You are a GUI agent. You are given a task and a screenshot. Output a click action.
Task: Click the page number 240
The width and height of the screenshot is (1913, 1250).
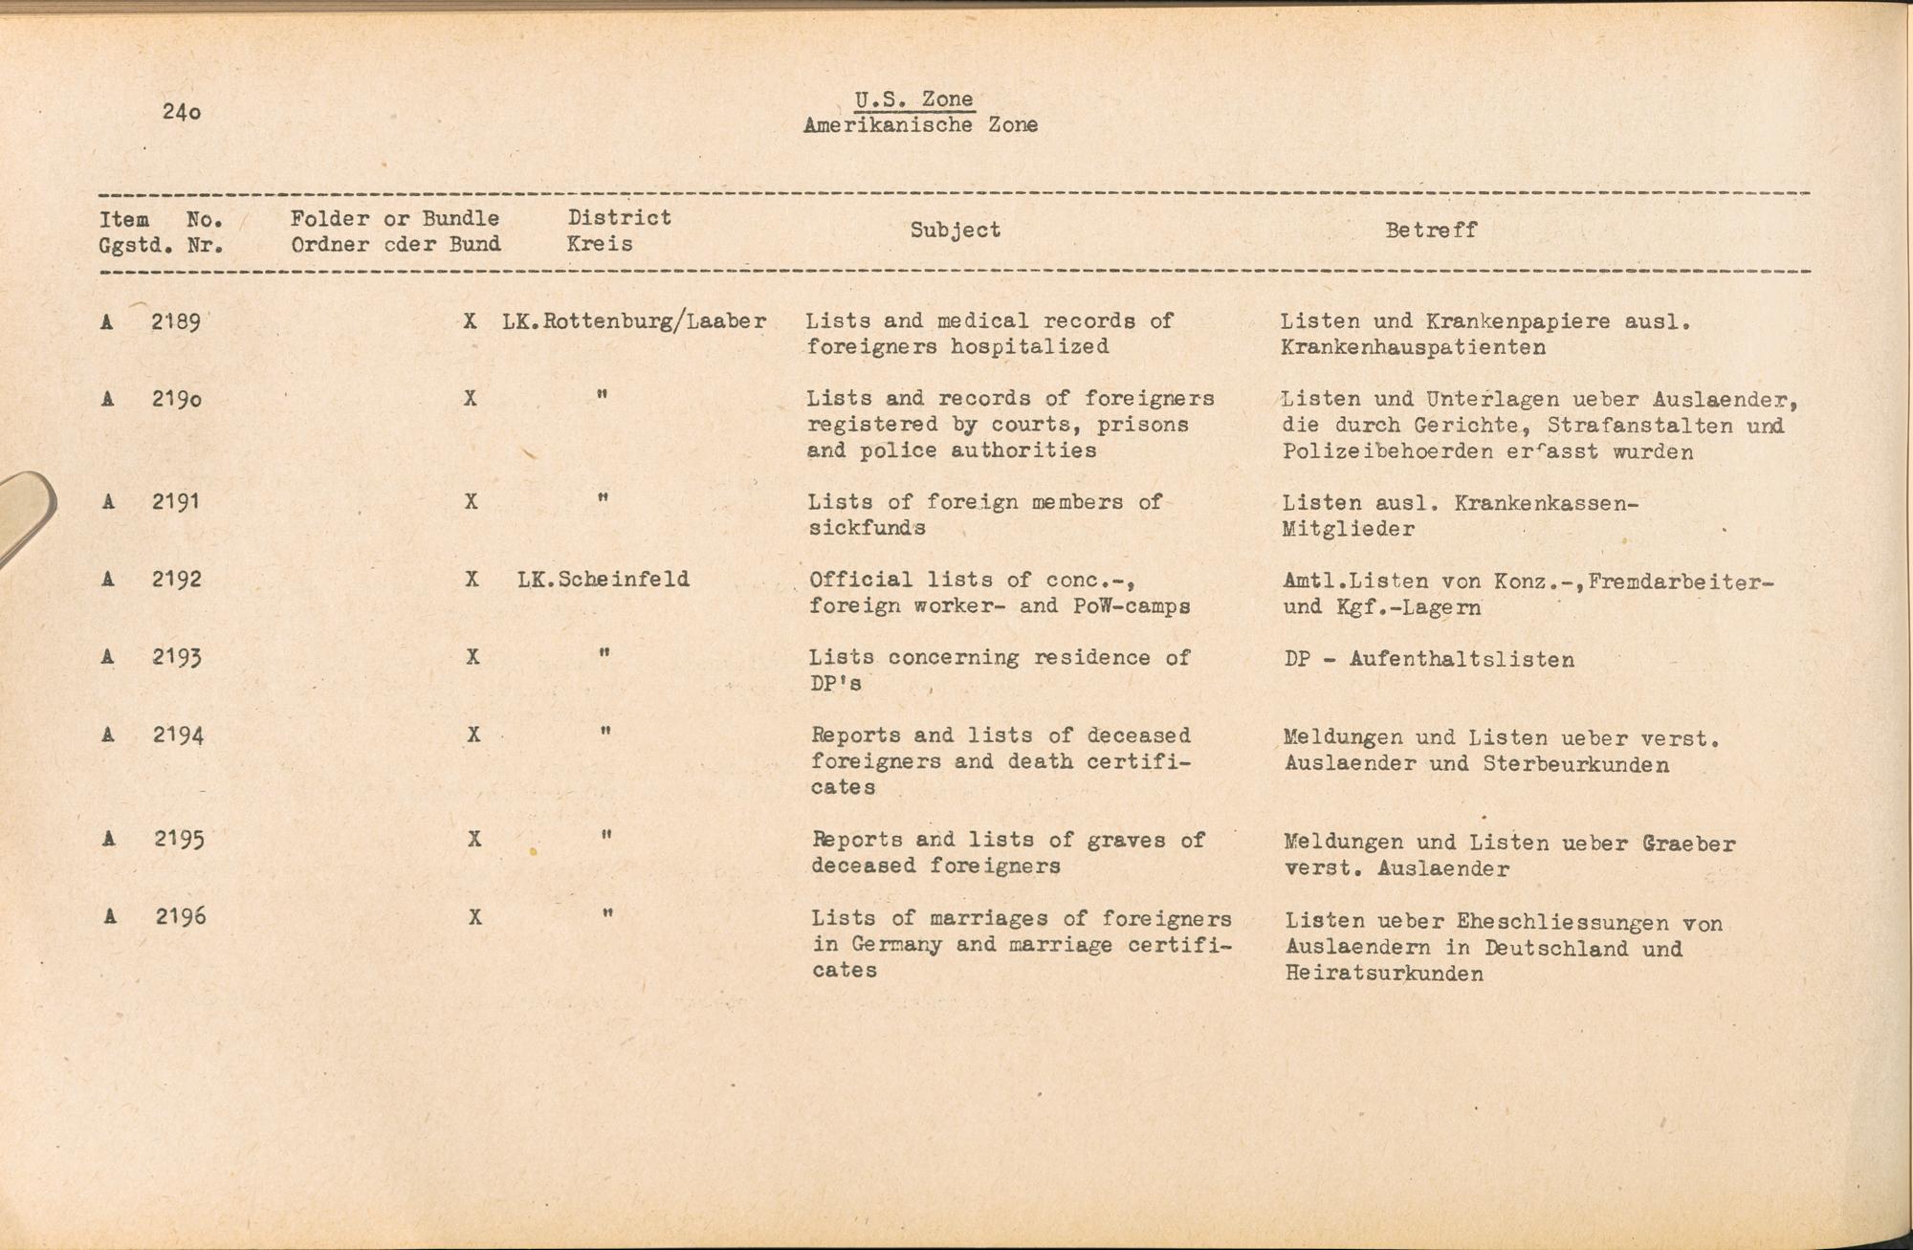(x=182, y=112)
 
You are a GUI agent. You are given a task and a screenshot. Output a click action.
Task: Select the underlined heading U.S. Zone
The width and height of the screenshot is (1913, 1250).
(x=914, y=99)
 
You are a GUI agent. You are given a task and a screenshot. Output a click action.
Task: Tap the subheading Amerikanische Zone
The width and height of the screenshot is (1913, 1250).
(x=920, y=125)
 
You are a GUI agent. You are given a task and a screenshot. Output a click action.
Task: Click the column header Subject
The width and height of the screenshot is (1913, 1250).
(x=955, y=230)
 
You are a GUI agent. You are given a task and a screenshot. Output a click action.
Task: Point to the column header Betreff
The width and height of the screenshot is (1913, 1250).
(x=1431, y=230)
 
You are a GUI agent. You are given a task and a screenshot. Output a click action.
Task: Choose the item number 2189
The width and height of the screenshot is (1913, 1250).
(x=176, y=322)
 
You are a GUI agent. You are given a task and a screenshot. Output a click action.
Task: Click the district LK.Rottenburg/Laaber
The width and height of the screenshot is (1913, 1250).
(x=634, y=321)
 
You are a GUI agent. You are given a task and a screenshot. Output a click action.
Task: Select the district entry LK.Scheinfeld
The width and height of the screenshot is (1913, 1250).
(x=603, y=580)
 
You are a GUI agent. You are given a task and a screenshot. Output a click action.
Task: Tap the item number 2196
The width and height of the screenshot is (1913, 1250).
(x=181, y=917)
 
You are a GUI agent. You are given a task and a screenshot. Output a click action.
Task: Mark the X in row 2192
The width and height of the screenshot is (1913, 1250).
(x=472, y=580)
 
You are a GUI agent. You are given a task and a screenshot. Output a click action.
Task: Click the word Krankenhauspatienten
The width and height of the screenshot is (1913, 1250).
(x=1413, y=348)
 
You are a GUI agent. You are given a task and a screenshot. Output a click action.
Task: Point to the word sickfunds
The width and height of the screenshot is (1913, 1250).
(x=867, y=528)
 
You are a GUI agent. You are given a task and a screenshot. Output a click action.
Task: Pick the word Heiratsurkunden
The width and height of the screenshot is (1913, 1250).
(x=1384, y=975)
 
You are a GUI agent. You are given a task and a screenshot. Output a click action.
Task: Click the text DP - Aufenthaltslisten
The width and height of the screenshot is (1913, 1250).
(x=1429, y=659)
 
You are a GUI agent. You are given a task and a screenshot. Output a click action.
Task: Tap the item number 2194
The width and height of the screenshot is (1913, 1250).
(x=178, y=735)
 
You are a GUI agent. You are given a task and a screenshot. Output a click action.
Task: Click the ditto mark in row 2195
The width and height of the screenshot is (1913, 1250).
(x=605, y=835)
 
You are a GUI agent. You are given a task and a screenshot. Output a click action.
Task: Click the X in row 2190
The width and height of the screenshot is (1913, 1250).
(x=470, y=398)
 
